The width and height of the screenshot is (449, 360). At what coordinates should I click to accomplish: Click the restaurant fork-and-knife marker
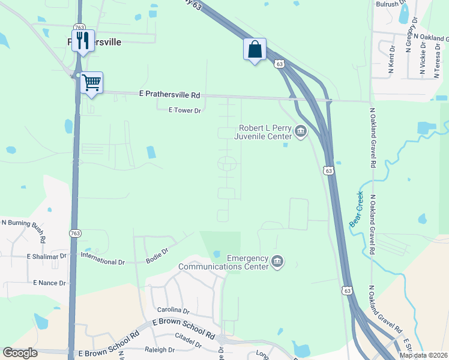click(83, 41)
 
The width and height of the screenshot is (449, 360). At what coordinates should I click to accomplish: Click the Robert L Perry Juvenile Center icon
click(300, 131)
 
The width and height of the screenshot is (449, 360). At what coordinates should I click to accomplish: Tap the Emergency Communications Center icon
click(277, 261)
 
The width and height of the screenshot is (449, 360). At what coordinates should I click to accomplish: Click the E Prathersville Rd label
click(169, 95)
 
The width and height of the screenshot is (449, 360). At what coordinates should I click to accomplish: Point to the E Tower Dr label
click(184, 110)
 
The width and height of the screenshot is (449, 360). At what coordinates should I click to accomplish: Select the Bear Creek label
click(355, 208)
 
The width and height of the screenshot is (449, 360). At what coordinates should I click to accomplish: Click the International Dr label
click(102, 262)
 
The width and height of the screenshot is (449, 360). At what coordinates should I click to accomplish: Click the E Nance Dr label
click(52, 281)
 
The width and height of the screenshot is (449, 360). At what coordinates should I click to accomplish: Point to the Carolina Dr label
click(173, 310)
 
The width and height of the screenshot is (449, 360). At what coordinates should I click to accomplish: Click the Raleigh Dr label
click(160, 349)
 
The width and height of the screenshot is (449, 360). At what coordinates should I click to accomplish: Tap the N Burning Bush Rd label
click(23, 226)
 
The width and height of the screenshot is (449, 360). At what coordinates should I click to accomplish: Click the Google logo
click(20, 353)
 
